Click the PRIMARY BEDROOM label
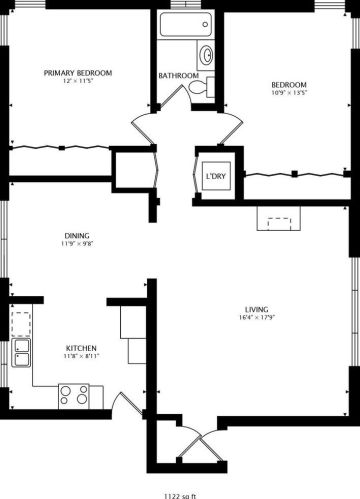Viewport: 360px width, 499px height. pyautogui.click(x=77, y=72)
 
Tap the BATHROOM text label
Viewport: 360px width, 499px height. pyautogui.click(x=178, y=76)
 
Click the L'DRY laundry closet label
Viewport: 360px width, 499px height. pyautogui.click(x=214, y=177)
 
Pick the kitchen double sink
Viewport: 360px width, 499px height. pyautogui.click(x=21, y=354)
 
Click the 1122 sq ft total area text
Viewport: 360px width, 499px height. pyautogui.click(x=180, y=493)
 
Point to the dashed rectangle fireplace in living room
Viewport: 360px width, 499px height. pyautogui.click(x=277, y=219)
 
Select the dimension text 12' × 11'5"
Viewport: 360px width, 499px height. pyautogui.click(x=77, y=81)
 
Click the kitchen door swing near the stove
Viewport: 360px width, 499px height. pyautogui.click(x=130, y=405)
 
